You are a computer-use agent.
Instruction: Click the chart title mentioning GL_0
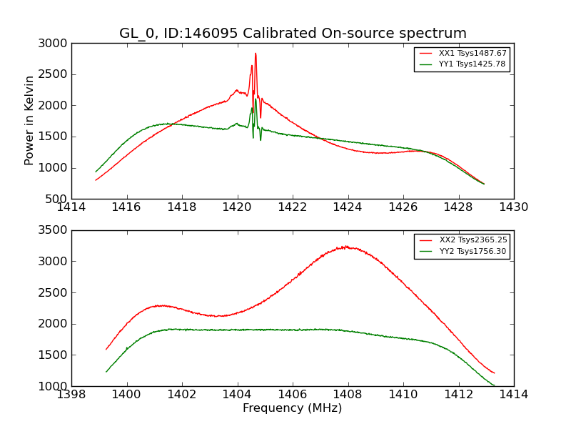[x=293, y=34]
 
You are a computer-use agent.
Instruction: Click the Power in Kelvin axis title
[x=29, y=120]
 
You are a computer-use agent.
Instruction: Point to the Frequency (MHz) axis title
[x=293, y=408]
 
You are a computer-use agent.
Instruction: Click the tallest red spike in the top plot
[x=256, y=54]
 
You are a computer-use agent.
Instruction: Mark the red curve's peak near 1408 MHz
[x=345, y=247]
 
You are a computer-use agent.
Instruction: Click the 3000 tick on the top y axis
[x=54, y=44]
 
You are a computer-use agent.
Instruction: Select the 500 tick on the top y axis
[x=57, y=199]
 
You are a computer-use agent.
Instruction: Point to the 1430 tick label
[x=513, y=207]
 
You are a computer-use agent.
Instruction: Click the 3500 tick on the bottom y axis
[x=54, y=230]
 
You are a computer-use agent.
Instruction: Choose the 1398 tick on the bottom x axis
[x=71, y=395]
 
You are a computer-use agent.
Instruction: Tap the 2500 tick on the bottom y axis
[x=54, y=292]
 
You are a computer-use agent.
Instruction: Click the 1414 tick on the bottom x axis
[x=513, y=395]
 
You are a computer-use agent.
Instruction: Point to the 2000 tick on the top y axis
[x=54, y=106]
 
